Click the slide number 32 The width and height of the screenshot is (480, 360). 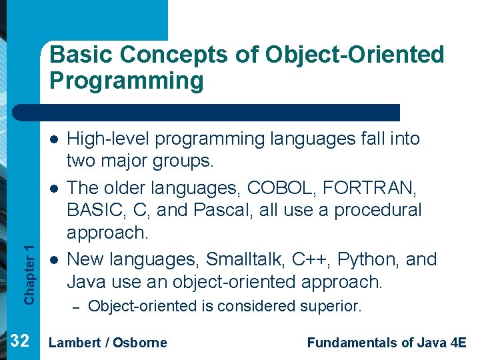click(x=20, y=341)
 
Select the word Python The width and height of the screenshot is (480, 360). click(x=369, y=259)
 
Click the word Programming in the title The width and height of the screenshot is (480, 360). click(x=126, y=81)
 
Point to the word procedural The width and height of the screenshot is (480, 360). click(x=377, y=211)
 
